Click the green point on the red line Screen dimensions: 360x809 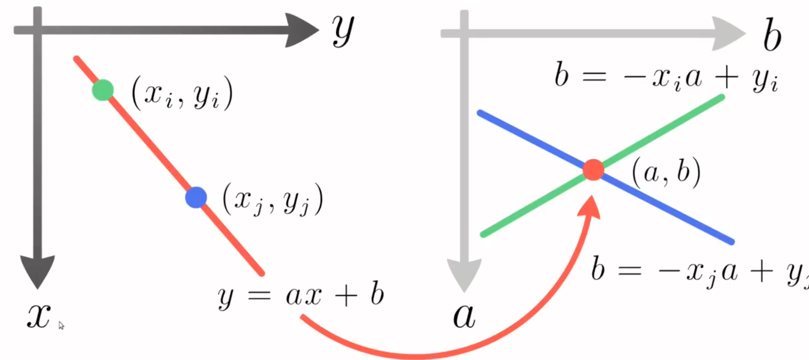(x=103, y=90)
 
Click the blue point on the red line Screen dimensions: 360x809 (x=196, y=197)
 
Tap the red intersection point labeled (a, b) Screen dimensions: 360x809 (x=593, y=170)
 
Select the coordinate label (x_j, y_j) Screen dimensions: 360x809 (x=273, y=199)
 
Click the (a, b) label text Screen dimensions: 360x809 (x=666, y=172)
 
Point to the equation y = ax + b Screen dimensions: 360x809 (x=301, y=295)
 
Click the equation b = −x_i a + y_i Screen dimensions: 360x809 (x=666, y=77)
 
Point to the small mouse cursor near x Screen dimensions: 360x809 (x=61, y=325)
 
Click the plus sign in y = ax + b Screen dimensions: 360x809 (x=346, y=295)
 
